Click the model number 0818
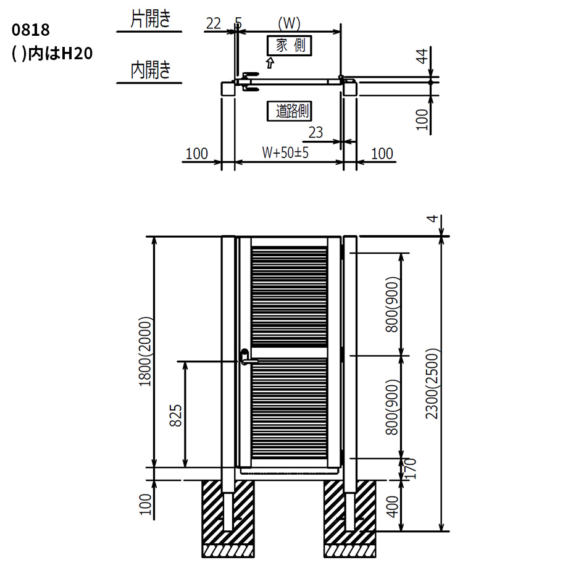click(30, 30)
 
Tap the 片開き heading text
click(150, 19)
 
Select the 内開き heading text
click(150, 70)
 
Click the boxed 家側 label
click(290, 46)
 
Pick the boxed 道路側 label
click(290, 111)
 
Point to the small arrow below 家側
click(270, 63)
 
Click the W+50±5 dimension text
click(285, 152)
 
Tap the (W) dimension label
click(289, 23)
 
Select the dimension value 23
click(315, 133)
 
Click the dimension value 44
click(422, 56)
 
